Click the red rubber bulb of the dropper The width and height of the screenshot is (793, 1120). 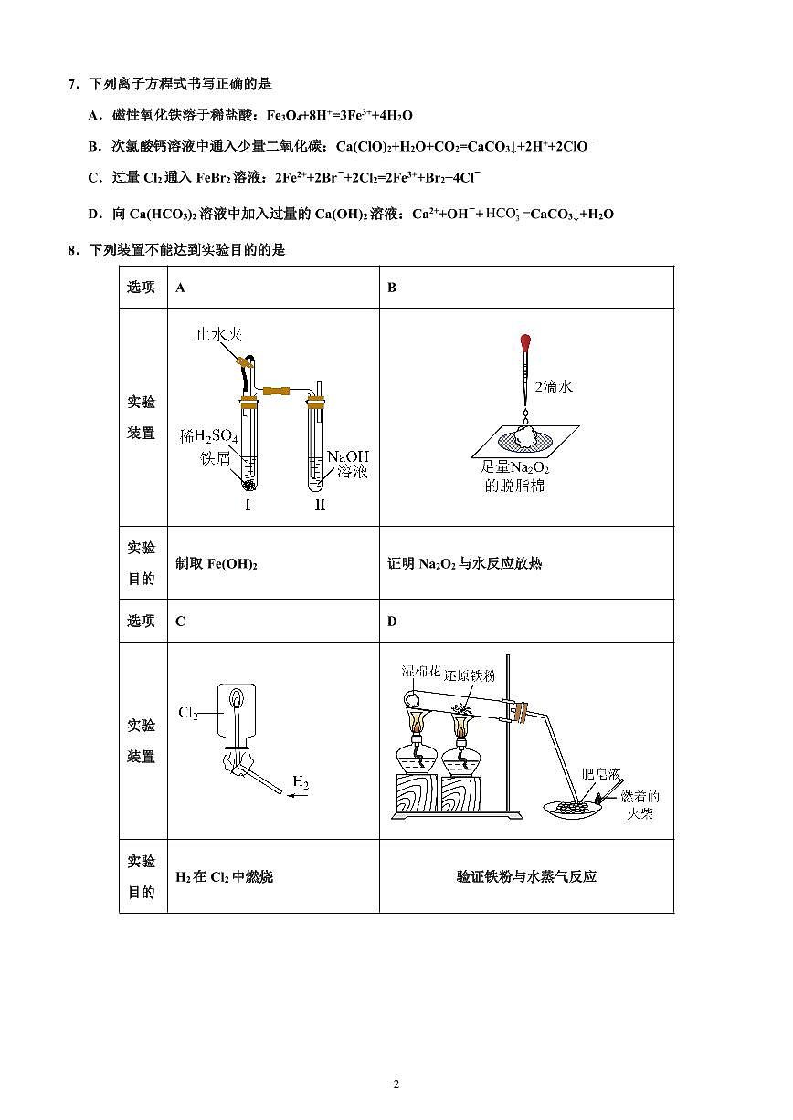[x=525, y=344]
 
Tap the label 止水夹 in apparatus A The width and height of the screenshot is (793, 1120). [x=218, y=335]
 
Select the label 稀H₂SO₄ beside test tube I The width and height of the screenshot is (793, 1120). [x=209, y=436]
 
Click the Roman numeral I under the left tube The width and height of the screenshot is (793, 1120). [x=248, y=504]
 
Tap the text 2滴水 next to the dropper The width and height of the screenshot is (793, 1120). [x=554, y=387]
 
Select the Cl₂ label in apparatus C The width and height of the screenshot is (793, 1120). [x=189, y=712]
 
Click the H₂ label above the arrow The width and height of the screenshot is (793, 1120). [x=301, y=781]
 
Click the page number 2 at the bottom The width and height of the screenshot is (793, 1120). [x=396, y=1084]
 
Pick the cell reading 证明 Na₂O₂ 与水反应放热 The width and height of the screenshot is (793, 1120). [x=464, y=563]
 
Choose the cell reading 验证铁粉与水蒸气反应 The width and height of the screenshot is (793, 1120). [x=526, y=876]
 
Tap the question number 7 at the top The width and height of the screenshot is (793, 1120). [x=71, y=84]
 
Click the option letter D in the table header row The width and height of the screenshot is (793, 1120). [x=392, y=622]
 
